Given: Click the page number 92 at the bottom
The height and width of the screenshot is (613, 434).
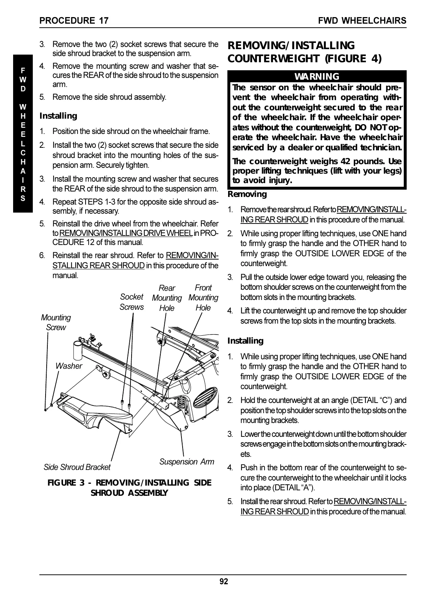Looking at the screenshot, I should (x=224, y=581).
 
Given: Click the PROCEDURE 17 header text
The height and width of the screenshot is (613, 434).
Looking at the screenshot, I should (x=74, y=21).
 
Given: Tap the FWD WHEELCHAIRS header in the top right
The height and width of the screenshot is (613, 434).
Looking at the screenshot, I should (x=362, y=21).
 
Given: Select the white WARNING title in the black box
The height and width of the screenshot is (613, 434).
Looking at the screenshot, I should (x=317, y=76).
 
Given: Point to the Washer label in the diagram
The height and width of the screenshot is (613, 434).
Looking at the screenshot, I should (x=69, y=366).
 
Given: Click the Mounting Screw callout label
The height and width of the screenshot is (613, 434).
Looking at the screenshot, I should (x=56, y=323).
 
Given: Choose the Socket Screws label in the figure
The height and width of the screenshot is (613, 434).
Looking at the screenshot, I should (x=132, y=302).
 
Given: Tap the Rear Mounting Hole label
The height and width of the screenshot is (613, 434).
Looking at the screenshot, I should (x=167, y=298).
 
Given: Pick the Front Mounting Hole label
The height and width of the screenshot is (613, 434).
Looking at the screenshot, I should (x=203, y=298).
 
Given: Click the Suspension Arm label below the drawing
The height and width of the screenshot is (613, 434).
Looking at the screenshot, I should (x=187, y=462).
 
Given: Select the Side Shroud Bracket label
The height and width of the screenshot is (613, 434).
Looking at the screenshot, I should (x=77, y=467).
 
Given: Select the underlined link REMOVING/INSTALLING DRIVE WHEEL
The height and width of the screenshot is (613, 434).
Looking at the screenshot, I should (x=126, y=233).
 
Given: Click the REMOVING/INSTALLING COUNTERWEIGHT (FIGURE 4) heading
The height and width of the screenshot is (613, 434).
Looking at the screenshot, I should (x=305, y=52).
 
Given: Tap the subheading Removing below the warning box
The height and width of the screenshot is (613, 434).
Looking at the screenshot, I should (x=247, y=194).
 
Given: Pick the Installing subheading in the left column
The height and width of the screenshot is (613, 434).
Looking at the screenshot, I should (x=58, y=116).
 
